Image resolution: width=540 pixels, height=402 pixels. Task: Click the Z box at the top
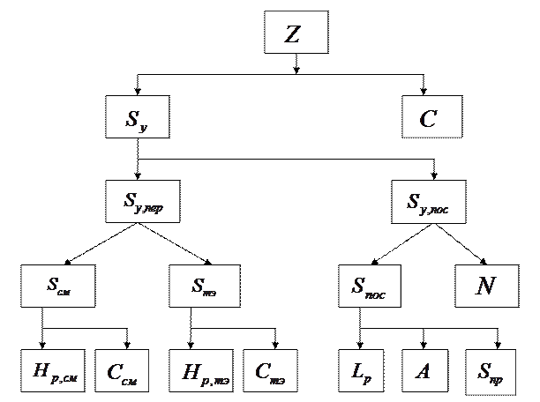pyautogui.click(x=296, y=33)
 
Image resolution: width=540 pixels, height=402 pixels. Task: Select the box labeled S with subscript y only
pyautogui.click(x=137, y=117)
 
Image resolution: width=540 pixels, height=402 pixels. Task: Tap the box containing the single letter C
pyautogui.click(x=431, y=117)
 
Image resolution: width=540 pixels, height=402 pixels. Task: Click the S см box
pyautogui.click(x=58, y=286)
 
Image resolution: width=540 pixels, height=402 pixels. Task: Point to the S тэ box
pyautogui.click(x=203, y=286)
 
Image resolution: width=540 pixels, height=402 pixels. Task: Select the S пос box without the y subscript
pyautogui.click(x=369, y=286)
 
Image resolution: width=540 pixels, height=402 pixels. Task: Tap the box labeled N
pyautogui.click(x=484, y=286)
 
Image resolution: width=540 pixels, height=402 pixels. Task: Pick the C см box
pyautogui.click(x=122, y=372)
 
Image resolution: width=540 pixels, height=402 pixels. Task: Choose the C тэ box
pyautogui.click(x=270, y=372)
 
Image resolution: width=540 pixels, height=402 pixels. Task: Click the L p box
pyautogui.click(x=363, y=372)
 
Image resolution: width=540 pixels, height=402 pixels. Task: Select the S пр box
pyautogui.click(x=491, y=372)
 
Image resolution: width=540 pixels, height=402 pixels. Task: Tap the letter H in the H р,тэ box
pyautogui.click(x=189, y=371)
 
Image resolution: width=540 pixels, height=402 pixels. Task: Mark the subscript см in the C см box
pyautogui.click(x=129, y=379)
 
